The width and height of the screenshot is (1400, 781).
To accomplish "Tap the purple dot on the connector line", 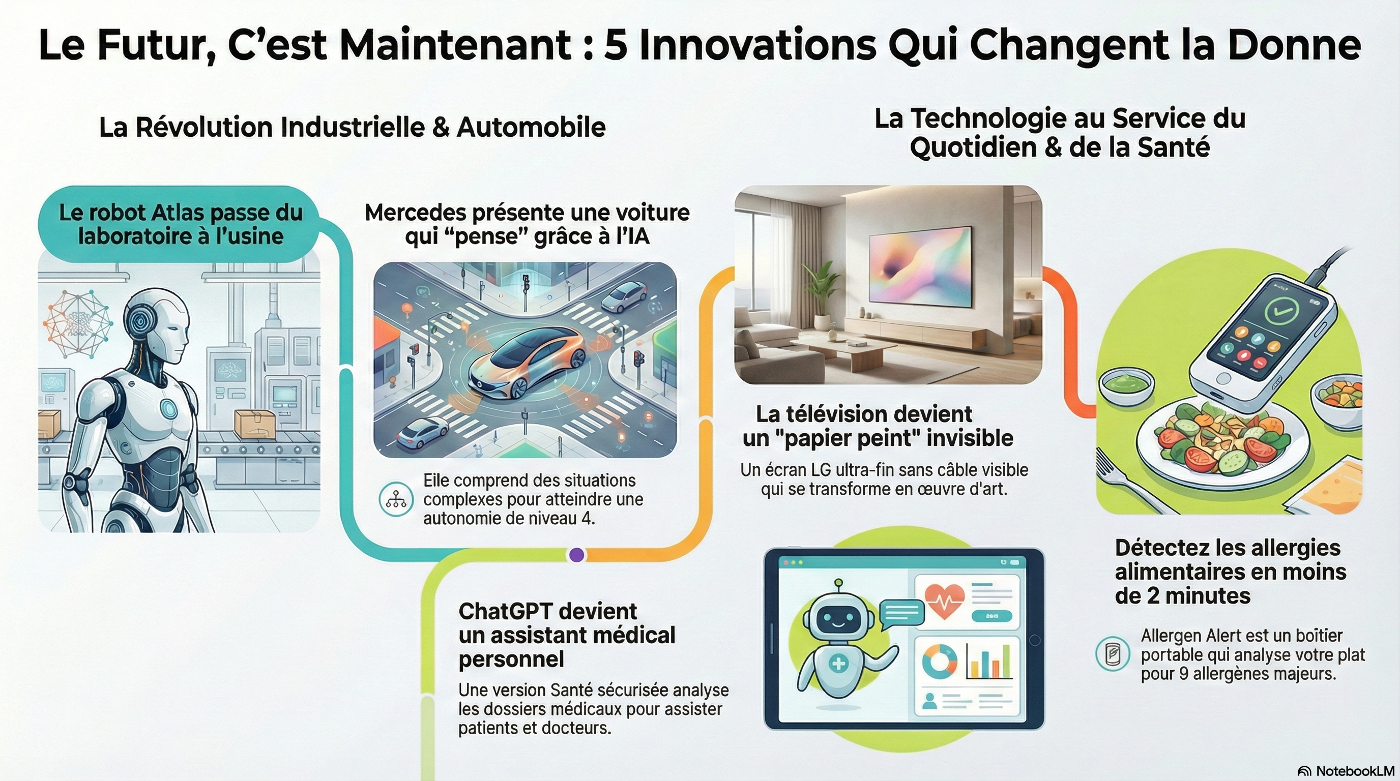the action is (576, 555).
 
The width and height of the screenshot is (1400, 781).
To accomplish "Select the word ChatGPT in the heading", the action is (547, 612).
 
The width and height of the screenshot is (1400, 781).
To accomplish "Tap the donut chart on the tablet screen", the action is (940, 662).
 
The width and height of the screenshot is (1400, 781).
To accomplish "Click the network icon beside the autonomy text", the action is (396, 499).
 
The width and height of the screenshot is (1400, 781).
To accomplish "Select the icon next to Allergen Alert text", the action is (1113, 653).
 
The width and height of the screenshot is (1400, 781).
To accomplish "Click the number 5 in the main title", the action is (616, 45).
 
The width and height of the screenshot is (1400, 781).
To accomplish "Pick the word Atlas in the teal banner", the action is (178, 213).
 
